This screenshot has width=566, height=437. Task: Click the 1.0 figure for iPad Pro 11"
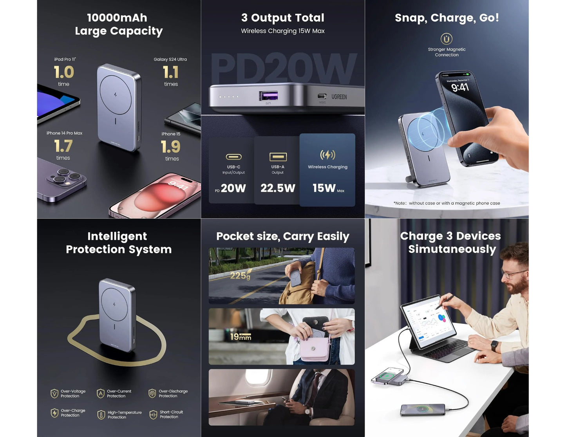pyautogui.click(x=64, y=72)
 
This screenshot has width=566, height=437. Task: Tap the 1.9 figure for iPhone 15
pyautogui.click(x=171, y=147)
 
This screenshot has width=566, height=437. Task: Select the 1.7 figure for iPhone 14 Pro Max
pyautogui.click(x=63, y=146)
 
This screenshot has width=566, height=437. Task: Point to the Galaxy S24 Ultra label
pyautogui.click(x=170, y=60)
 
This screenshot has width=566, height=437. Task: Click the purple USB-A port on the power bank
pyautogui.click(x=268, y=96)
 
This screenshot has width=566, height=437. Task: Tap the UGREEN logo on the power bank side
pyautogui.click(x=339, y=97)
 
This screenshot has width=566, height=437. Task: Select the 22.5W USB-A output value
pyautogui.click(x=278, y=188)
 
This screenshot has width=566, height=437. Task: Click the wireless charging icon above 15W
pyautogui.click(x=327, y=155)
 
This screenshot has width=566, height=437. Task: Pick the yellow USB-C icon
pyautogui.click(x=233, y=157)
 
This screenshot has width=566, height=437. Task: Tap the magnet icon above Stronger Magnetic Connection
pyautogui.click(x=447, y=39)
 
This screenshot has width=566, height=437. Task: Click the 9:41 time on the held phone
pyautogui.click(x=460, y=87)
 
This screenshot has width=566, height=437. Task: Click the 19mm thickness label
pyautogui.click(x=241, y=337)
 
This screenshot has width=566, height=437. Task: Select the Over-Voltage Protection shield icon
pyautogui.click(x=54, y=394)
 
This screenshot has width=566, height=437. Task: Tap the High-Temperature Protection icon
pyautogui.click(x=101, y=415)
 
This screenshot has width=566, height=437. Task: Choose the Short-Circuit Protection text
pyautogui.click(x=171, y=414)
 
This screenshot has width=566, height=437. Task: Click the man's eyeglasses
pyautogui.click(x=513, y=273)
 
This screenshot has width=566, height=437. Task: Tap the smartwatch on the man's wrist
pyautogui.click(x=495, y=346)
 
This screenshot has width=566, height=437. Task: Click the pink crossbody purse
pyautogui.click(x=315, y=350)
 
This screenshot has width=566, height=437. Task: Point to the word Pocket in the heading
pyautogui.click(x=235, y=237)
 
